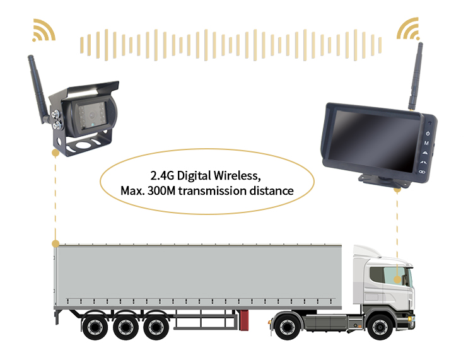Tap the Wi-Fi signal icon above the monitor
click(408, 30)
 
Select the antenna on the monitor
click(416, 76)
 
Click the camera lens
click(91, 115)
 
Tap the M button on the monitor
click(426, 143)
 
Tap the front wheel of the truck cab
click(380, 327)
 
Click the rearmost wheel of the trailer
click(95, 327)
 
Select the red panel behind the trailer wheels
click(244, 320)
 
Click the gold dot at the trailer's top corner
click(55, 243)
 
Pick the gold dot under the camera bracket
click(55, 153)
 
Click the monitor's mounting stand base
click(384, 181)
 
